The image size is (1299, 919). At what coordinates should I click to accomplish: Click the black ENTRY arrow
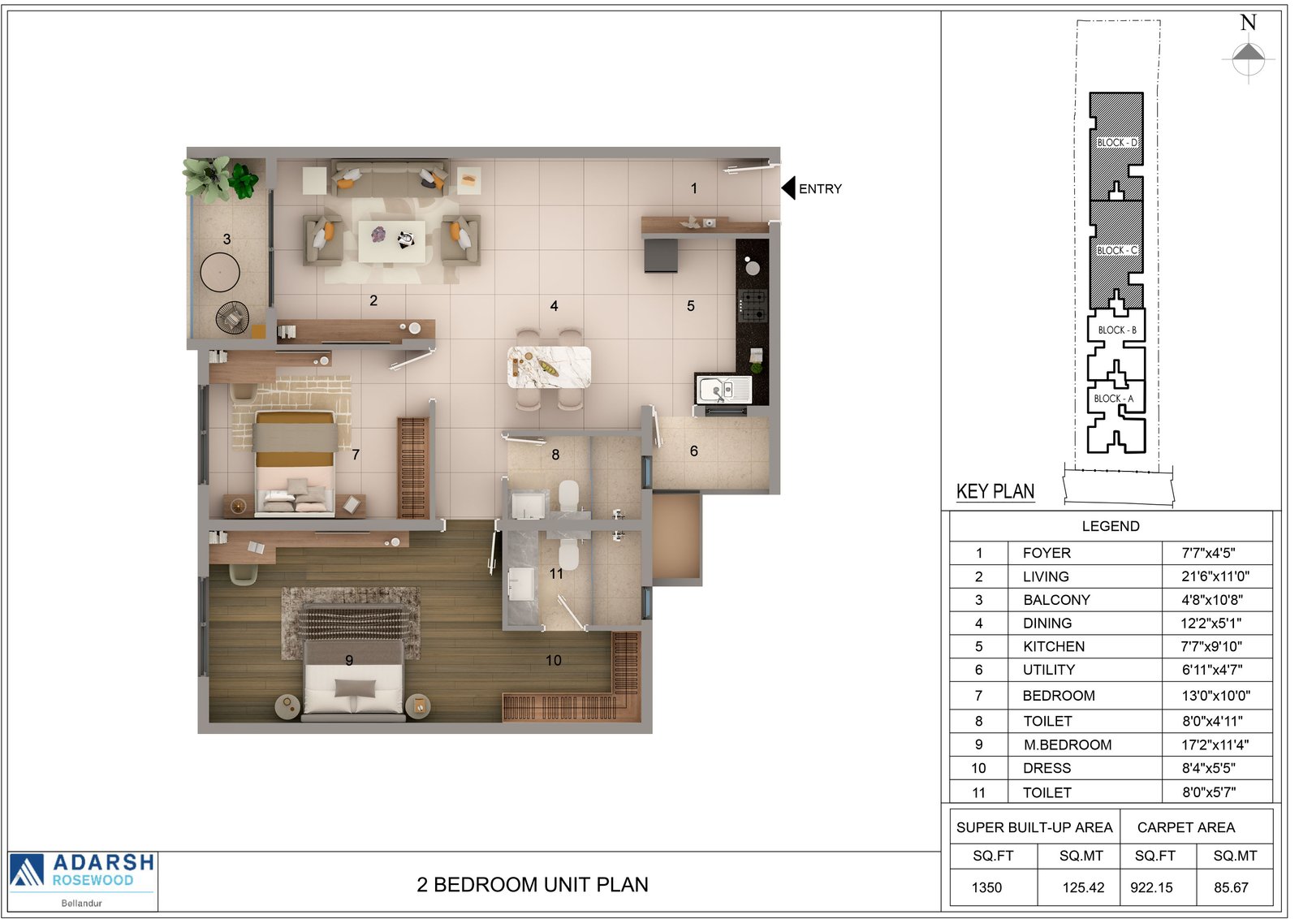(x=788, y=188)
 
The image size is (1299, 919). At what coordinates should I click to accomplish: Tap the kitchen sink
(x=724, y=390)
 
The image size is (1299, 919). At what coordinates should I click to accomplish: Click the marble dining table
(x=550, y=367)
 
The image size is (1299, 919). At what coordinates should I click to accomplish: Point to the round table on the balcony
(x=220, y=272)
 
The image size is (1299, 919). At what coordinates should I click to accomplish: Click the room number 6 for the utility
(x=694, y=451)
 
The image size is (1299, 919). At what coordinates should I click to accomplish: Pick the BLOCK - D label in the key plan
(x=1117, y=143)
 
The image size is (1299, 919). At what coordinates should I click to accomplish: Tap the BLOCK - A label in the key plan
(x=1113, y=399)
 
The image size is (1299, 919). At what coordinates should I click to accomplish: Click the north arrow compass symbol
(x=1249, y=58)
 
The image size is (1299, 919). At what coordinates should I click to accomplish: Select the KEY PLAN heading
(x=995, y=492)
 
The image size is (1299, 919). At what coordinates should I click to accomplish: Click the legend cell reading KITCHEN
(x=1054, y=646)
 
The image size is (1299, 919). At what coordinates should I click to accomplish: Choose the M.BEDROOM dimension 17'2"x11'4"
(x=1215, y=745)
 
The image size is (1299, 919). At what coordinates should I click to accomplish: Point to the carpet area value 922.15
(x=1152, y=887)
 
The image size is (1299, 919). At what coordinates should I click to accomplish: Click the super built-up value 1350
(x=986, y=887)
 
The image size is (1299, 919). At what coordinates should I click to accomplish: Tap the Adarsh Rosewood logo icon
(x=27, y=871)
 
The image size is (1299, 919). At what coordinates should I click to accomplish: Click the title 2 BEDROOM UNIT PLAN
(x=533, y=885)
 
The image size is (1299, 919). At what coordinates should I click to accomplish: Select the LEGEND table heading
(x=1111, y=526)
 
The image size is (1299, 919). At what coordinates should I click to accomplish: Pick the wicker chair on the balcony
(x=232, y=318)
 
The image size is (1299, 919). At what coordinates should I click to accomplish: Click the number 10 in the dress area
(x=553, y=660)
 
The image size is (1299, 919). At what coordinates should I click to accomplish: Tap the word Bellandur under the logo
(x=82, y=904)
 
